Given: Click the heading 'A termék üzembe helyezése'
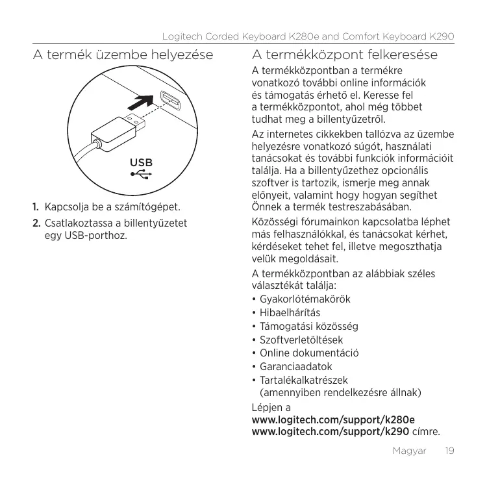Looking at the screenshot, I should coord(123,55).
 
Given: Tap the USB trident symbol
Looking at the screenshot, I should coord(142,174).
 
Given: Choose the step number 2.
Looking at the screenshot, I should coord(38,223).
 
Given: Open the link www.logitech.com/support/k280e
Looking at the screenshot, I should coord(334,420).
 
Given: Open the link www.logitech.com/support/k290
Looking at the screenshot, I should coord(330,431).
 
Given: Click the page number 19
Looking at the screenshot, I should coord(447,450).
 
